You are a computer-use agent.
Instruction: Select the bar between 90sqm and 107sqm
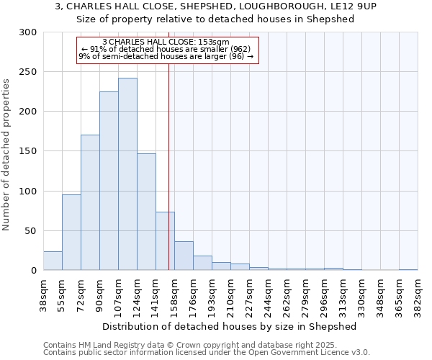pos(109,181)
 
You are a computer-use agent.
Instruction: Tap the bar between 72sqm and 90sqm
pos(90,202)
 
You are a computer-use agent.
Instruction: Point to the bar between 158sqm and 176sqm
pos(184,256)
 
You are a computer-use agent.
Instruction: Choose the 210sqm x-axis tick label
pos(230,296)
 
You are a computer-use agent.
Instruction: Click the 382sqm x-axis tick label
pos(418,296)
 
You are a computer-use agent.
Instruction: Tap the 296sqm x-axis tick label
pos(324,296)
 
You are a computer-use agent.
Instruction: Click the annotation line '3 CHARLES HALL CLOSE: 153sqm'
pos(166,42)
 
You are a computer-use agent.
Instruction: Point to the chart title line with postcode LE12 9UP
pos(215,6)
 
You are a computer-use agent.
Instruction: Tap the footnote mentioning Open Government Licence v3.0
pos(207,352)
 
